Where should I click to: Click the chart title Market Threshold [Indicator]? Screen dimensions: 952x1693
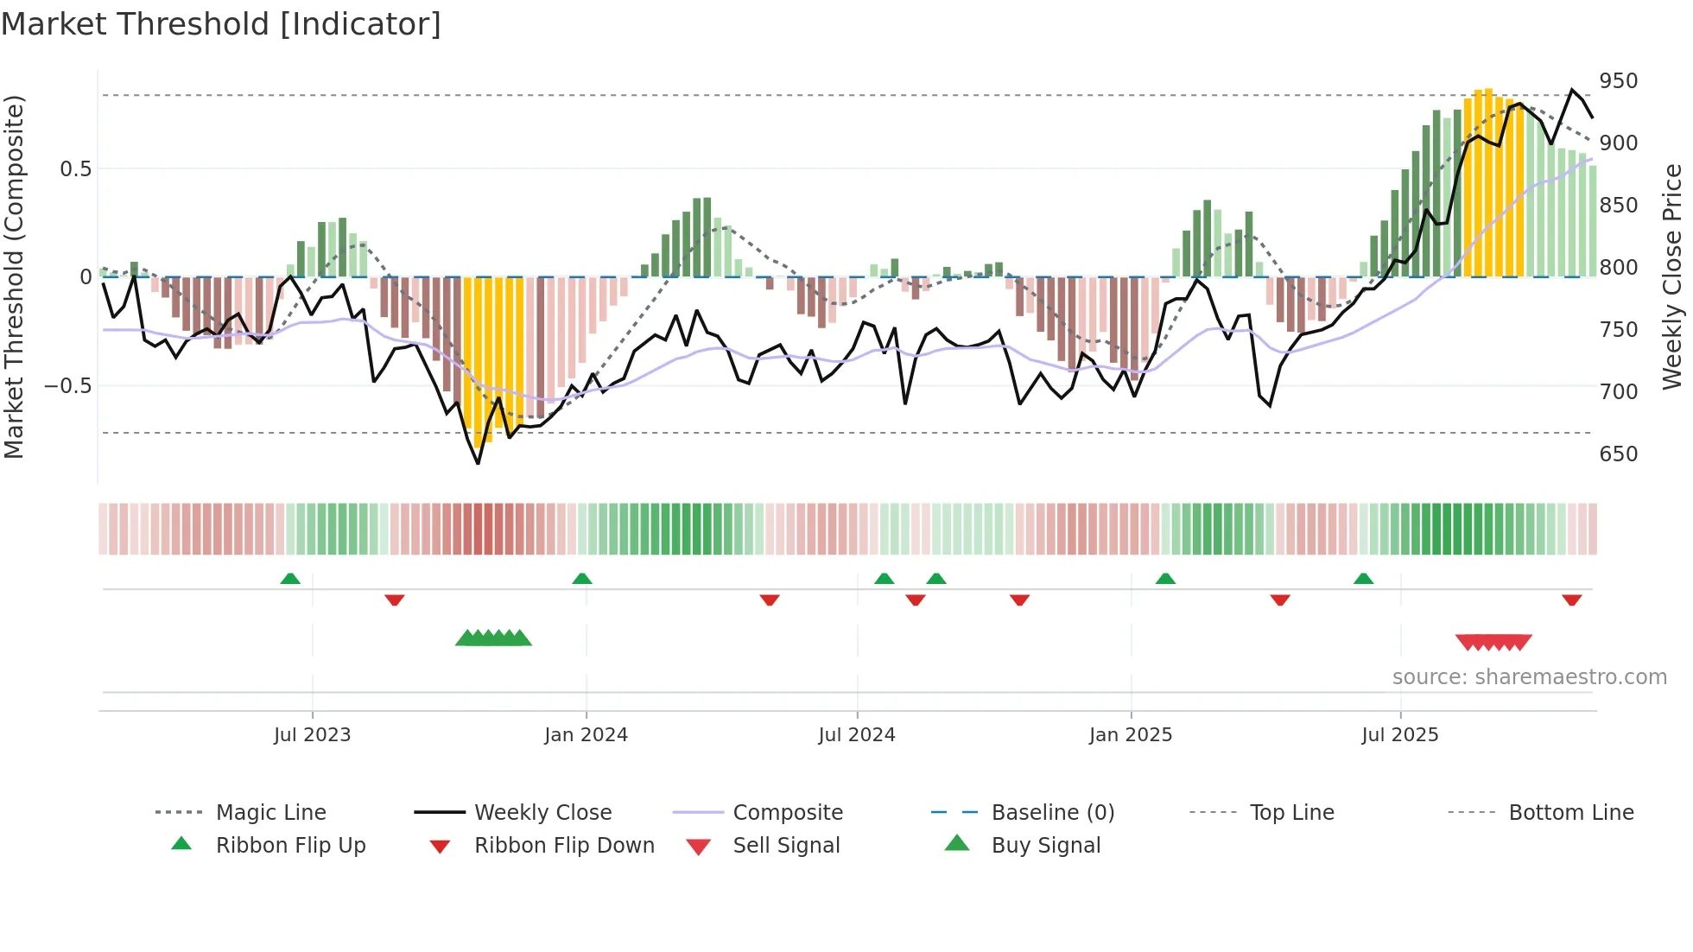click(x=221, y=24)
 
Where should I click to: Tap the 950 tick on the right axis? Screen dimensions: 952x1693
click(x=1618, y=81)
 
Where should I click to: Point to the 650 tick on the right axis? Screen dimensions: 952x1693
click(x=1618, y=454)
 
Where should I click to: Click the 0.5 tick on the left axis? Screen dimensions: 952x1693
click(x=75, y=168)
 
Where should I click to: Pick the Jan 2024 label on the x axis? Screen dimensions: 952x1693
click(x=586, y=735)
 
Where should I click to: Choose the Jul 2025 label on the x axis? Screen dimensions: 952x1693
click(x=1399, y=735)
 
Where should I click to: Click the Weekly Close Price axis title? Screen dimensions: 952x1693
click(x=1672, y=276)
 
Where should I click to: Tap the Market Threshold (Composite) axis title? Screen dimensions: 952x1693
click(x=14, y=276)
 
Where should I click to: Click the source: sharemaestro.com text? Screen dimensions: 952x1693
click(x=1529, y=677)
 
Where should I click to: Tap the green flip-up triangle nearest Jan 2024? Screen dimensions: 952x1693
click(x=582, y=579)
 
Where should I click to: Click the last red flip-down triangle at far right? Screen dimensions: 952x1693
click(x=1571, y=600)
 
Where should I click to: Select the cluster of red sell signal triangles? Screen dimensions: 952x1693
click(x=1493, y=642)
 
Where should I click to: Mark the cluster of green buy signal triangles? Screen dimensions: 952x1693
click(x=493, y=638)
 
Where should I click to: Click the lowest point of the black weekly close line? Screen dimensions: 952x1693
click(x=478, y=463)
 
